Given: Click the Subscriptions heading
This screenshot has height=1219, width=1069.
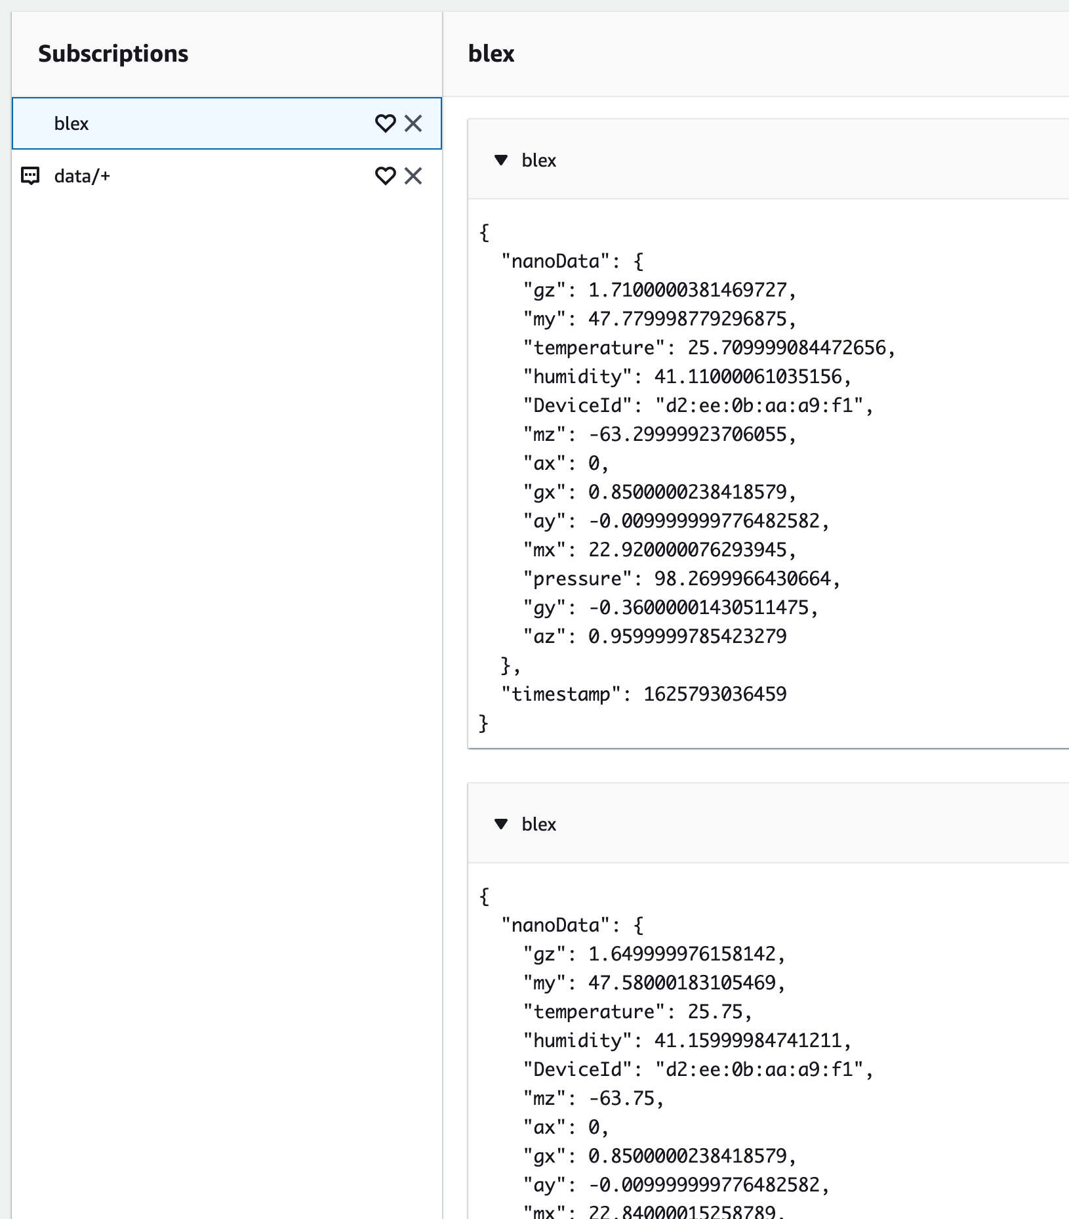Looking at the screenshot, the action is click(x=113, y=54).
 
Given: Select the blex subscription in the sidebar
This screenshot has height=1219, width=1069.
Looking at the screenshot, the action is click(x=71, y=123).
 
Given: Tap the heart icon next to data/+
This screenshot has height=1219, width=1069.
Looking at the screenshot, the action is click(x=385, y=176).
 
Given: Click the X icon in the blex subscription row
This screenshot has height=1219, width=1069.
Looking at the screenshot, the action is click(x=413, y=123).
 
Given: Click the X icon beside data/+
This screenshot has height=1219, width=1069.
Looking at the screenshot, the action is click(x=413, y=176).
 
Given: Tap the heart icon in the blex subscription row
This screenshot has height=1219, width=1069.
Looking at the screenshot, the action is click(x=385, y=123).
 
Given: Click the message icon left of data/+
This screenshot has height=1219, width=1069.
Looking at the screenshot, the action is click(x=31, y=176).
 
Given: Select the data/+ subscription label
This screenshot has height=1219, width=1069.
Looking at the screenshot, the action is click(x=82, y=176).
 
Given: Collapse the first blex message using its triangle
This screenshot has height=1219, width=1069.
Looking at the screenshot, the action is click(x=501, y=160).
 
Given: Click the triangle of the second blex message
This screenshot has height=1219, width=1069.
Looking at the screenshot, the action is click(x=501, y=824).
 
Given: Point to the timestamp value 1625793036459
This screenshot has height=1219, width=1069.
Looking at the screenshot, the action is click(x=715, y=694).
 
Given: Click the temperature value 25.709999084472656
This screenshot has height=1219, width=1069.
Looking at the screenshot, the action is click(x=786, y=348).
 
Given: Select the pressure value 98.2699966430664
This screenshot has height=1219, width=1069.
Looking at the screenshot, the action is click(x=742, y=579).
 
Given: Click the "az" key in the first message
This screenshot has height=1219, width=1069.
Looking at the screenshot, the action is click(x=544, y=636).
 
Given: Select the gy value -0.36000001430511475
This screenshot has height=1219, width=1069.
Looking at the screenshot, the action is click(x=698, y=608).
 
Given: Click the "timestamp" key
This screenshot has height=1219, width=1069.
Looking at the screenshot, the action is click(x=561, y=694).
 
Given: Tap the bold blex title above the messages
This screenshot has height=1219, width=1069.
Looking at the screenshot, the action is click(x=491, y=54).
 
